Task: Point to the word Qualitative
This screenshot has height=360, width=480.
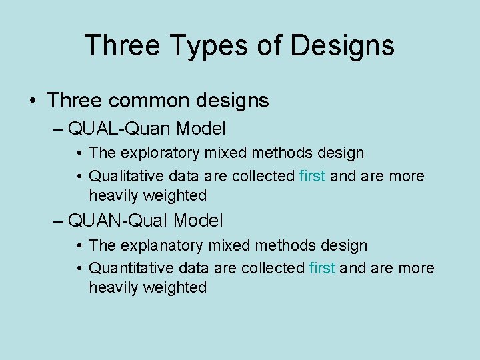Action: click(x=125, y=176)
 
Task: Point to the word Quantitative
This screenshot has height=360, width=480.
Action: click(x=129, y=268)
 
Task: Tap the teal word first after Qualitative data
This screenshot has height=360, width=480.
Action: click(x=313, y=176)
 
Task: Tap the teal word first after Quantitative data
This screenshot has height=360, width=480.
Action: click(x=323, y=268)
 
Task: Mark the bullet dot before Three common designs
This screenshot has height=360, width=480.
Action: click(x=32, y=101)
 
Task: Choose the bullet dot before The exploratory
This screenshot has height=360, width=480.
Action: click(x=79, y=153)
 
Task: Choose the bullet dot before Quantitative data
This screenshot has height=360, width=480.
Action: click(x=79, y=269)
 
